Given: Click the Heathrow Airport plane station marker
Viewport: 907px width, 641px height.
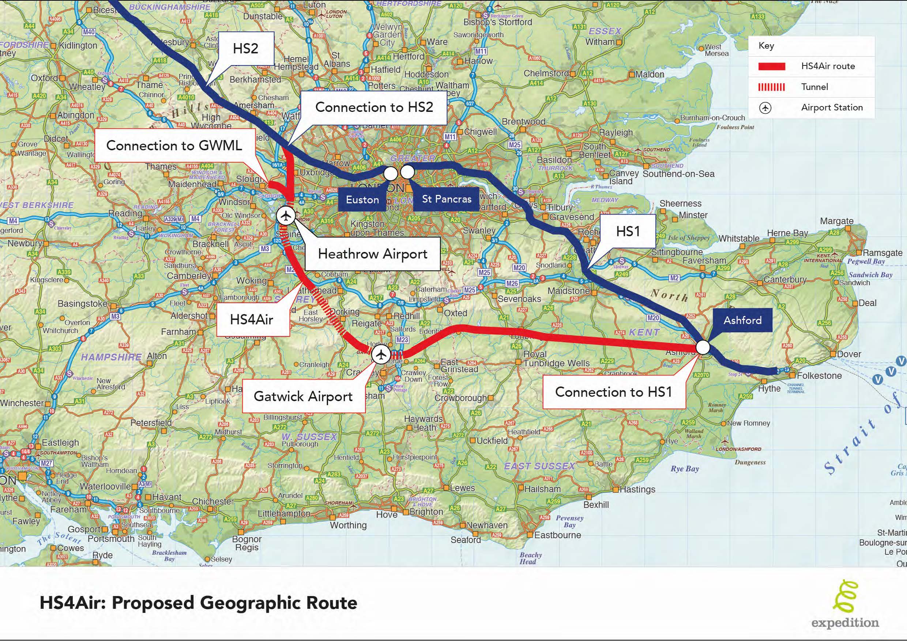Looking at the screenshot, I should [x=286, y=216].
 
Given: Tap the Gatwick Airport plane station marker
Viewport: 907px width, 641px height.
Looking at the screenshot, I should [x=381, y=354].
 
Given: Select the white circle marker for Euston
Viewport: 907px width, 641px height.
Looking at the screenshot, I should [x=390, y=173].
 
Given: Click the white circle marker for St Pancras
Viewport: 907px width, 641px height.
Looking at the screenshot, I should [x=407, y=172].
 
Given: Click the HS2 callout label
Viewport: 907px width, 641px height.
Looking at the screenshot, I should [x=245, y=49].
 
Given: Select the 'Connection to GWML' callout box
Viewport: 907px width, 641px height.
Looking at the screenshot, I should [x=174, y=145].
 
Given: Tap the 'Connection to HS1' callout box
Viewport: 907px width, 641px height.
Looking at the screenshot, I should [x=613, y=392].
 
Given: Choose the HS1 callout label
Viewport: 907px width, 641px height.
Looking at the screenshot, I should [x=628, y=231].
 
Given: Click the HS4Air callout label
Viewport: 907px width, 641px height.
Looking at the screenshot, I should [x=252, y=319].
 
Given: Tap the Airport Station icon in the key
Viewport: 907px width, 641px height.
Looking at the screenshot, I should [x=765, y=108].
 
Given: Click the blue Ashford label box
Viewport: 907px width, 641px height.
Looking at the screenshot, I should [x=742, y=320].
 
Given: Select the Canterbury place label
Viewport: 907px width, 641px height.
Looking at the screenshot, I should [x=784, y=280].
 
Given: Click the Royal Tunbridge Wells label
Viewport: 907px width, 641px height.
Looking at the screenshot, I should [x=556, y=359].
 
